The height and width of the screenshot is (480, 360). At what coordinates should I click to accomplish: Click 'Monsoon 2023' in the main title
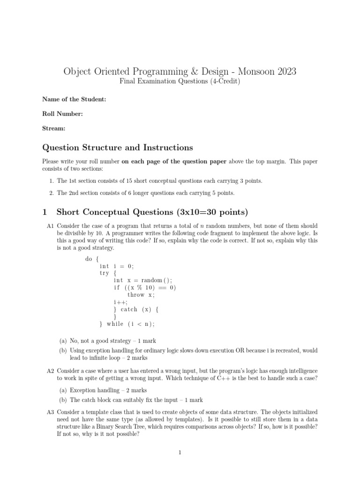[267, 72]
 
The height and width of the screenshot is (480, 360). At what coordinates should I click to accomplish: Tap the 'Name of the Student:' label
[74, 99]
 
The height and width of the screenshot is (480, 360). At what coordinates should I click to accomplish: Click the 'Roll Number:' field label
[62, 113]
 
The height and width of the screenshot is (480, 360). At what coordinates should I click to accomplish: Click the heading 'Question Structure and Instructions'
[118, 148]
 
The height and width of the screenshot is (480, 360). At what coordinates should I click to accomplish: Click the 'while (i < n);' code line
[130, 324]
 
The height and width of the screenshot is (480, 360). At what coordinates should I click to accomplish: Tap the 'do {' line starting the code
[92, 259]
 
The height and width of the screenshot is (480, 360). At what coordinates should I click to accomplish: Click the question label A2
[51, 371]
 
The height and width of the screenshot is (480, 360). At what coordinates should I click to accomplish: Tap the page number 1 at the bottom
[180, 453]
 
